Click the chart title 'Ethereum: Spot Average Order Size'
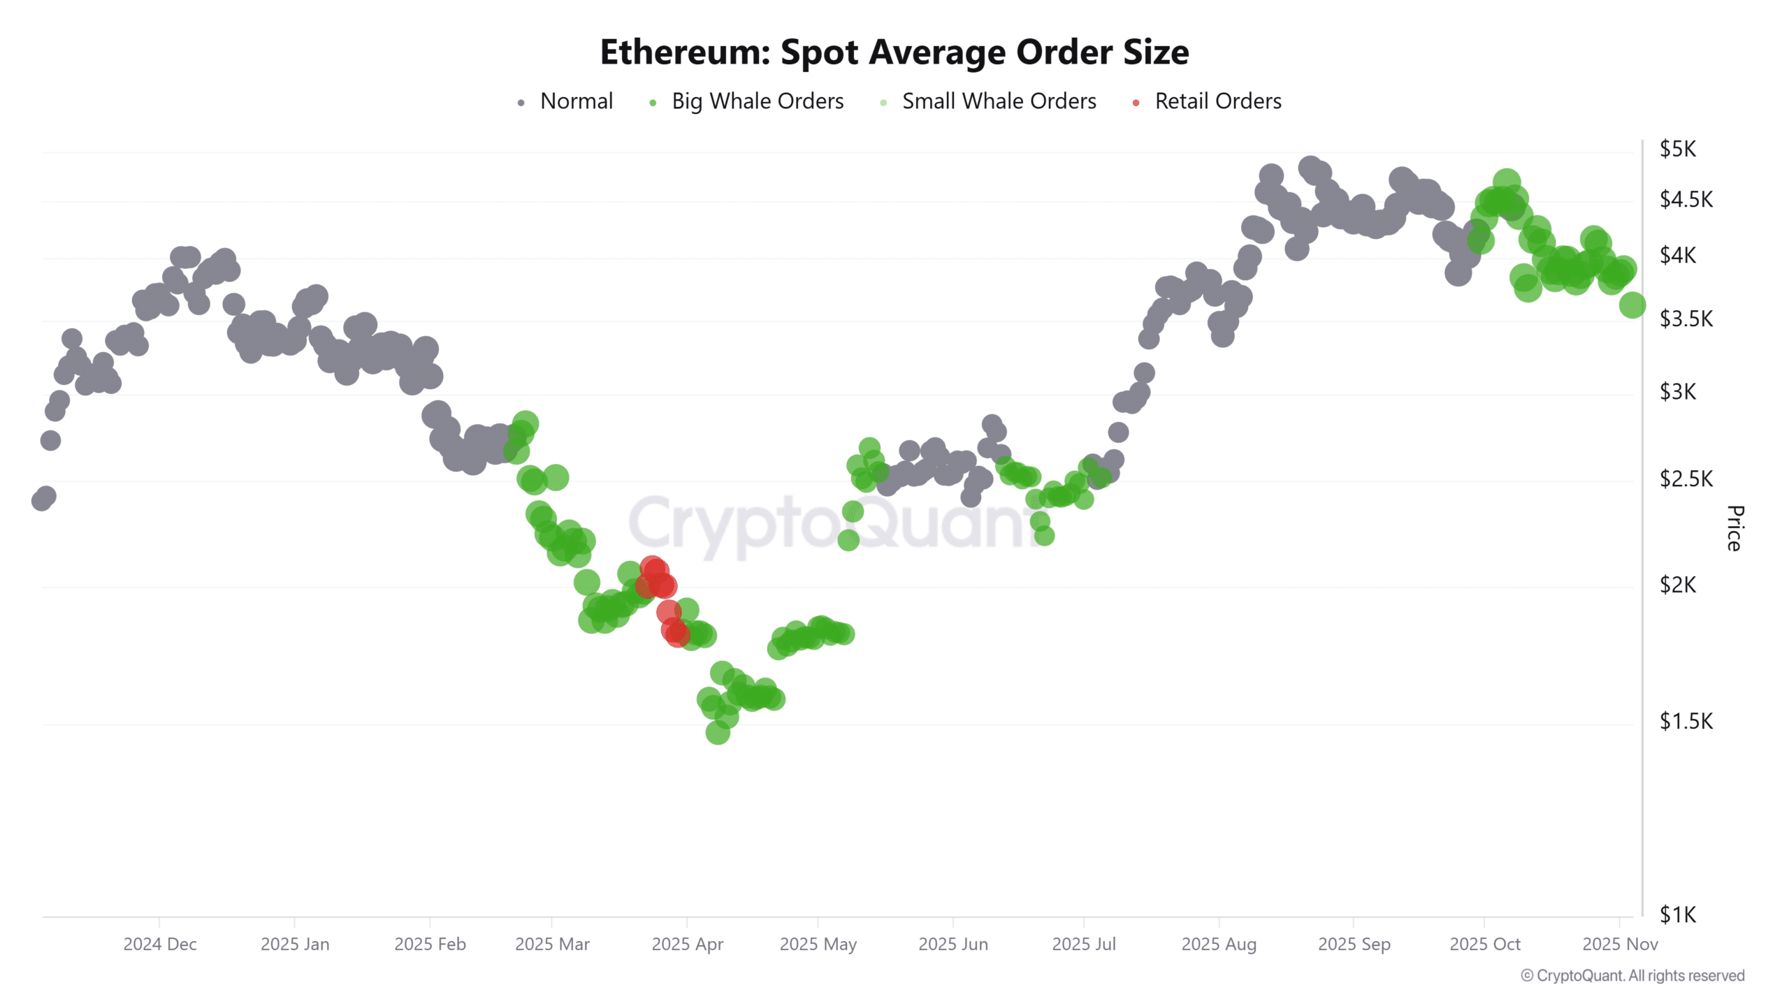click(894, 52)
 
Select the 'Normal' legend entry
click(576, 101)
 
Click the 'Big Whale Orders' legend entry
click(757, 101)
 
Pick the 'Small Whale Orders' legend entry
click(999, 101)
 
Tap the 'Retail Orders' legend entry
click(1217, 101)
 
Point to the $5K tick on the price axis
click(1677, 149)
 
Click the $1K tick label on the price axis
click(1677, 914)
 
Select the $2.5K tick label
click(1686, 479)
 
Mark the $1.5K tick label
click(1686, 721)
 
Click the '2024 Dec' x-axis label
click(160, 944)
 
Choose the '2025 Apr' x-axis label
click(687, 944)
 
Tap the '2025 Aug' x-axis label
click(1219, 944)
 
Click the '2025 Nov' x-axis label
click(1619, 944)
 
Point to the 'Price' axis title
click(1734, 528)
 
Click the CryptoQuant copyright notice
click(1632, 975)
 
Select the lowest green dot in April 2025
click(718, 732)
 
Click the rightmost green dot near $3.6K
click(1632, 305)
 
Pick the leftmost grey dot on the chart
click(41, 501)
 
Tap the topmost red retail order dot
click(653, 569)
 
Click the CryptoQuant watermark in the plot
click(832, 524)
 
